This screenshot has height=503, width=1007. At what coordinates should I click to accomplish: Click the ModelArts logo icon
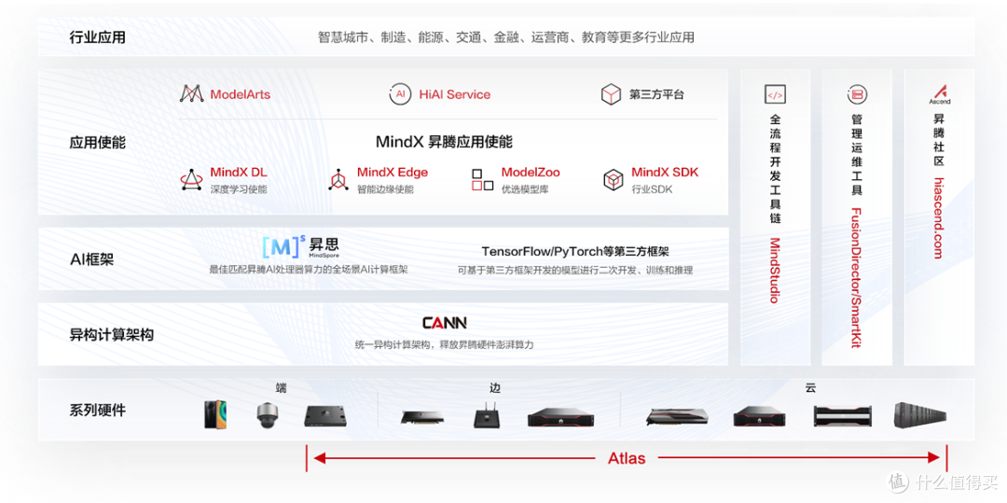pos(191,94)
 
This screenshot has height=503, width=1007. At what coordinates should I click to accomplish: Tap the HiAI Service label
pos(455,94)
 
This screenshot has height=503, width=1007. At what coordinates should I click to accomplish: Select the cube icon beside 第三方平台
pos(611,94)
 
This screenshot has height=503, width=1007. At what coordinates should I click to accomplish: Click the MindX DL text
pos(239,172)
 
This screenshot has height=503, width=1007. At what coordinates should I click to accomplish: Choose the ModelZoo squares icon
pos(482,180)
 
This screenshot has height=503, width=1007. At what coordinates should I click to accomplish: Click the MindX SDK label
pos(665,172)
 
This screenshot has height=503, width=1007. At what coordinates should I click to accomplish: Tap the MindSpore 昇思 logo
pos(301,247)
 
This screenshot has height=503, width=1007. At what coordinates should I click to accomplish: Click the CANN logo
pos(445,323)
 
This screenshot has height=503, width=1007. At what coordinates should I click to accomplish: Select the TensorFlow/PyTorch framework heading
pos(575,251)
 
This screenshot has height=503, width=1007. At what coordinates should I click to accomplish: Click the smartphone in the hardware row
pos(215,414)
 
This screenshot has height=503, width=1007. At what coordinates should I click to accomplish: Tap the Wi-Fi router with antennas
pos(486,415)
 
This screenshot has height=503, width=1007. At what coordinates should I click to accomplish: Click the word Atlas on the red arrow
pos(627,458)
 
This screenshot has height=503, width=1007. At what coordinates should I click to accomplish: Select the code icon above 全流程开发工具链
pos(775,94)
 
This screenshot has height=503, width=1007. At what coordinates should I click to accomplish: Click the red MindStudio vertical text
pos(775,270)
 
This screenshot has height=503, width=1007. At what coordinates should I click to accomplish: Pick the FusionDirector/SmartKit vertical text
pos(856,277)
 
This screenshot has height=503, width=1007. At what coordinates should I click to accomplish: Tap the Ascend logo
pos(940,94)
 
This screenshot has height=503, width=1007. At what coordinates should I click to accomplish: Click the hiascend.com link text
pos(939,217)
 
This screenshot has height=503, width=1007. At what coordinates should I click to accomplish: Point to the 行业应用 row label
pos(98,36)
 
